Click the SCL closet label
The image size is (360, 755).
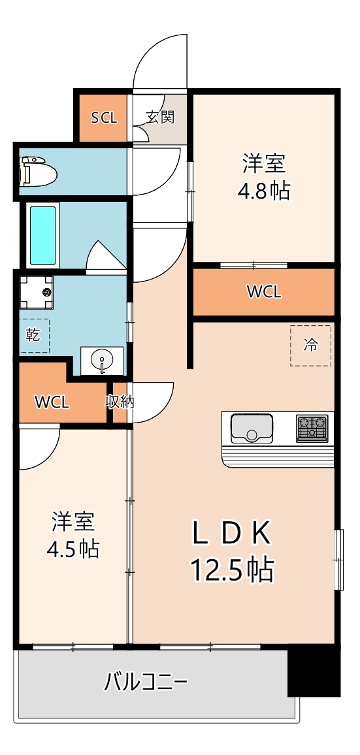[x=103, y=118]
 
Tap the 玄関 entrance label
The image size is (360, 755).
[x=159, y=118]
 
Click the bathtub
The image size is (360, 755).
[x=43, y=235]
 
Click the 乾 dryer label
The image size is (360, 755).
[x=33, y=335]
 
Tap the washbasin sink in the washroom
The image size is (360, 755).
[x=101, y=361]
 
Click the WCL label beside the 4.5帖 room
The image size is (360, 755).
[x=52, y=402]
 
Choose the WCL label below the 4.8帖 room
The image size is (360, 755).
[x=264, y=292]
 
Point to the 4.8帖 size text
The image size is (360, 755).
[x=265, y=191]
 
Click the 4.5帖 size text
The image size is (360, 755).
[x=73, y=549]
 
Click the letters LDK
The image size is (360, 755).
[x=231, y=534]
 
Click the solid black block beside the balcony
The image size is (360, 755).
[x=314, y=673]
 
